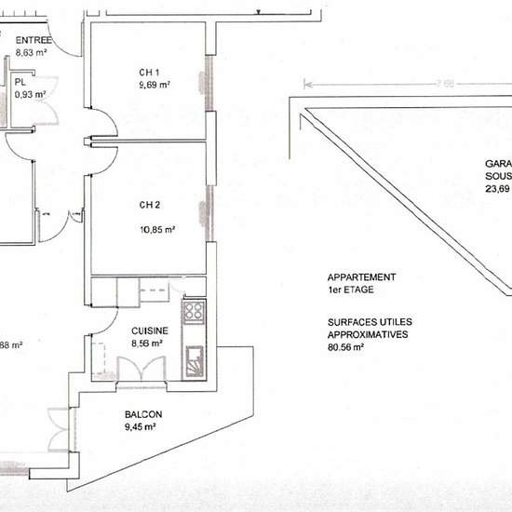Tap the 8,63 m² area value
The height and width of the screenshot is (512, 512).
pos(31,53)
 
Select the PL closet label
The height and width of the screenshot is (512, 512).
pos(19,82)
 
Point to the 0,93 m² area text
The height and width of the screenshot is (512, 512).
pos(31,93)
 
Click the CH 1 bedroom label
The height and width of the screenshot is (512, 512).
pos(151,74)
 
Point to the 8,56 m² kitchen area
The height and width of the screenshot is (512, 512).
pos(148,342)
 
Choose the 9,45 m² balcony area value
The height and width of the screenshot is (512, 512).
pos(138,427)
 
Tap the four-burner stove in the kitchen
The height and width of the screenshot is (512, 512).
pos(194,312)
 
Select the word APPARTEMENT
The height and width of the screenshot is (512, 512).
pos(361,277)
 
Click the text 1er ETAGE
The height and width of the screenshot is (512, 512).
pos(350,290)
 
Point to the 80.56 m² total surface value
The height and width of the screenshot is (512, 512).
pos(345,347)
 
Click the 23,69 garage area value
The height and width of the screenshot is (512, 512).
pos(497,187)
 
